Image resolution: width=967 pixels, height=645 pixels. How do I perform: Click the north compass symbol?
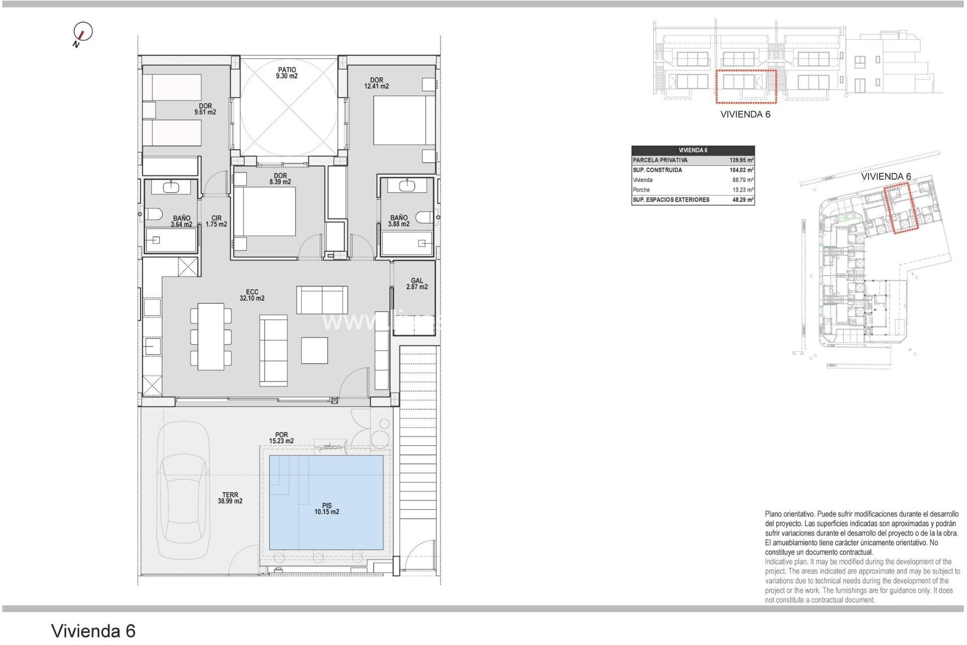(83, 32)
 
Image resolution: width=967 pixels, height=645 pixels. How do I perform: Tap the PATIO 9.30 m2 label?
(287, 73)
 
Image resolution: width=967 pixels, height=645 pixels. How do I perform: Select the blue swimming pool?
(326, 502)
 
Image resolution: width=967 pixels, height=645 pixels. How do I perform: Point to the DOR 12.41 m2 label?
(376, 83)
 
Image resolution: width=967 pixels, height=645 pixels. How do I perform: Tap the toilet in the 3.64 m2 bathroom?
(154, 214)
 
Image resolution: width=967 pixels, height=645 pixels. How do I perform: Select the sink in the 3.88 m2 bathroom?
(407, 185)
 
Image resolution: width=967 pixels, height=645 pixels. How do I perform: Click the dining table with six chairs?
(211, 336)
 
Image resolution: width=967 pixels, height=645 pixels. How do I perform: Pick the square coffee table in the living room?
(314, 350)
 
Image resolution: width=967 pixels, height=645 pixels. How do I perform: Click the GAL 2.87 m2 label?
(417, 284)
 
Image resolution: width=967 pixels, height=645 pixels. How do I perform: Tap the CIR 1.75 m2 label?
(216, 221)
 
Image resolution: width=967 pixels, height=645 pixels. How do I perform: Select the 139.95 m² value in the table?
(741, 160)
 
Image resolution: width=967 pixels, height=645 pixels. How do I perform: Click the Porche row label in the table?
(641, 190)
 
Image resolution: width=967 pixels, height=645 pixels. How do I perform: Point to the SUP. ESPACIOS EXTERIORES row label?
(671, 200)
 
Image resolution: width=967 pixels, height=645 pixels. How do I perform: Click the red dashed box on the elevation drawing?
(746, 87)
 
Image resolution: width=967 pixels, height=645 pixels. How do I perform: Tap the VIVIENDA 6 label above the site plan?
(885, 176)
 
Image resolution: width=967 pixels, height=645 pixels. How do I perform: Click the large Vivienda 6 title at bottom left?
(93, 631)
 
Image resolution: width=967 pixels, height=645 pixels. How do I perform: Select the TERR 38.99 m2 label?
(230, 498)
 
